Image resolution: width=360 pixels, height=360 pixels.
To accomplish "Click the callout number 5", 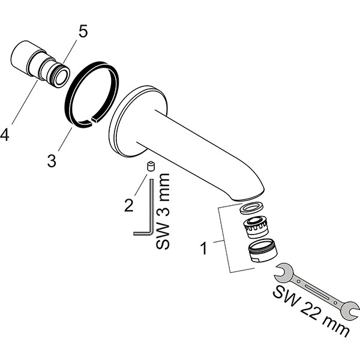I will click(83, 31).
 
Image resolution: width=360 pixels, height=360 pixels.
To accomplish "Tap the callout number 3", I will click(53, 160).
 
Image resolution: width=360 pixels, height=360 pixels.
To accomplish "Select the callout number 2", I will click(128, 205).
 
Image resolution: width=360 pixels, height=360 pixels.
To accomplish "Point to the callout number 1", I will click(203, 248).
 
